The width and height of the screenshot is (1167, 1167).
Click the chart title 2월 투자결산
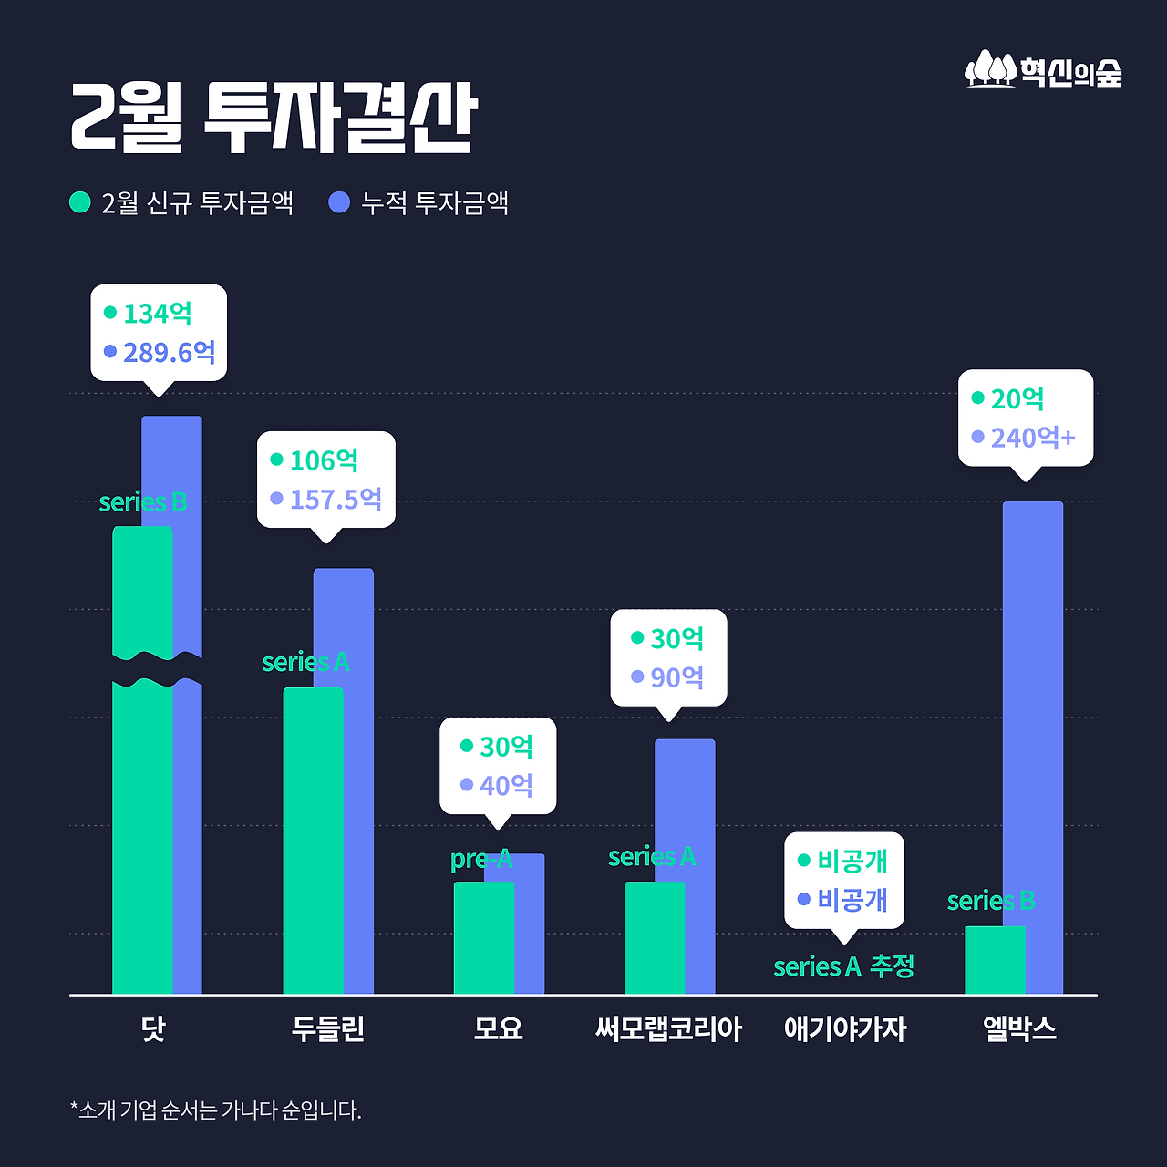(274, 119)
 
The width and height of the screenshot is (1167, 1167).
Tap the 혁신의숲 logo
(1043, 70)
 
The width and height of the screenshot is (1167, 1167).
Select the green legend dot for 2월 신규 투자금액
(80, 201)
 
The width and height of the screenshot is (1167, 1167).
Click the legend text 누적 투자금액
(434, 202)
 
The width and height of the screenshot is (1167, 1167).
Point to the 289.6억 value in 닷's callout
(169, 352)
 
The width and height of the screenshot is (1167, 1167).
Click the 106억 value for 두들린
(323, 460)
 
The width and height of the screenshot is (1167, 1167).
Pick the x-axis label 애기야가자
(845, 1029)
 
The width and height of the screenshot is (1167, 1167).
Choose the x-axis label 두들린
(328, 1028)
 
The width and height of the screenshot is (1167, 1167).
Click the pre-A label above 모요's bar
(481, 859)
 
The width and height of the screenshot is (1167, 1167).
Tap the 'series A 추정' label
(843, 966)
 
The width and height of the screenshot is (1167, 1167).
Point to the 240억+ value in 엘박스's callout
(1032, 439)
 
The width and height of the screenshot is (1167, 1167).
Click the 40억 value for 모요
(506, 785)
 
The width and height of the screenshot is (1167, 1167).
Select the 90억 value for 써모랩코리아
(676, 677)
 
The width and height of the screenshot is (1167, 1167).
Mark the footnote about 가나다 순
(216, 1110)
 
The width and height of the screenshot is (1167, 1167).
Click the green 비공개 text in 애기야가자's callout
(852, 861)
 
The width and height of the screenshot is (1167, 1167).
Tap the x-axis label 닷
(153, 1028)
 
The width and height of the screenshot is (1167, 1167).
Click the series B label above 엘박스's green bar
(991, 901)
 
